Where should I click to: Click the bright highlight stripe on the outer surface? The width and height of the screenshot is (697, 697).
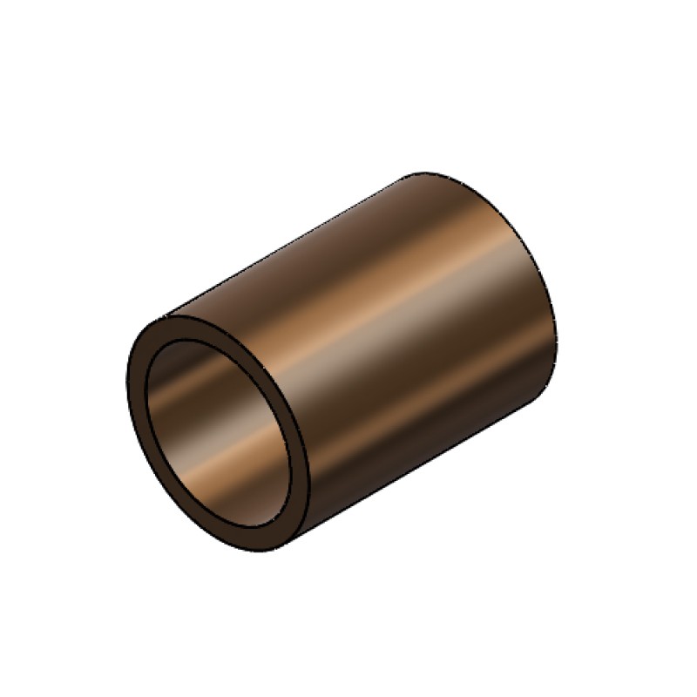click(x=418, y=288)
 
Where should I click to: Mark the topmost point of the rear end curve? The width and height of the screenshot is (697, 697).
click(x=427, y=172)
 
